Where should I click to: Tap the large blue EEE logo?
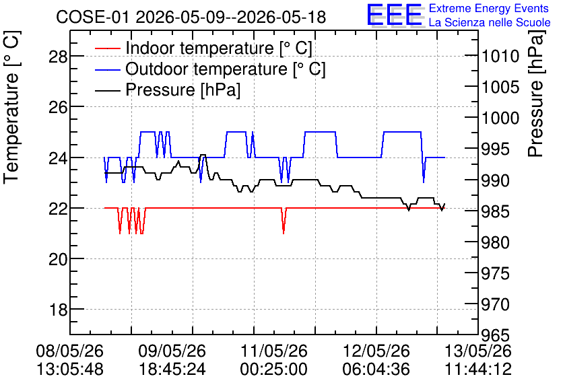click(394, 15)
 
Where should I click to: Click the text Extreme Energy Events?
click(489, 8)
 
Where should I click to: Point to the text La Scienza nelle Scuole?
click(490, 23)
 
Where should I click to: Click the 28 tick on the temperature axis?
click(58, 57)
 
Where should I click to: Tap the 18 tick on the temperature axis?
click(58, 310)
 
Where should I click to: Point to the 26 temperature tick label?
click(58, 107)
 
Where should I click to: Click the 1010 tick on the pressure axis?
click(500, 57)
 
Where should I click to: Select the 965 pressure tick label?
click(495, 335)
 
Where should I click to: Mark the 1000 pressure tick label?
click(500, 118)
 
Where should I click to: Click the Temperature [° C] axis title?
click(11, 107)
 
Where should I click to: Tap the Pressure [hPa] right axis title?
click(536, 94)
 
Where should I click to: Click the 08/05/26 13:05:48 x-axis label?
click(69, 360)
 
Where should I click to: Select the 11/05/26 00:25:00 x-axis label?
click(273, 360)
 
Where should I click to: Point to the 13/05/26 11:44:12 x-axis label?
click(478, 360)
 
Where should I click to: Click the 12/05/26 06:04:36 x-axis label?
click(376, 360)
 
